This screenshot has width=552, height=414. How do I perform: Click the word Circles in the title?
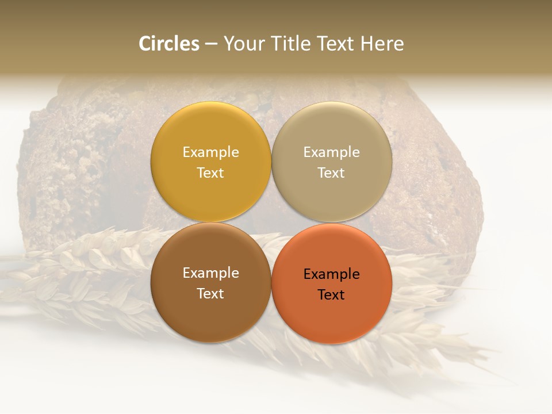(168, 44)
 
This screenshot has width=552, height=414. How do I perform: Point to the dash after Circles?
(211, 44)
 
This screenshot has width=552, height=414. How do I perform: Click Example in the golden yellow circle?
(210, 152)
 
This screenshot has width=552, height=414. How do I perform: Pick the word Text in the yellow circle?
(210, 173)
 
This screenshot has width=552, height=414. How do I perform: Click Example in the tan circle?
(332, 152)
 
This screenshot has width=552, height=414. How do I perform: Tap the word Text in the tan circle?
(332, 173)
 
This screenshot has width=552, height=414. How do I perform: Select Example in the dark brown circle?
(210, 273)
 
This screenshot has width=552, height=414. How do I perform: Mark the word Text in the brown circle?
(210, 294)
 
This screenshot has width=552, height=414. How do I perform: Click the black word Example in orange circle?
(332, 274)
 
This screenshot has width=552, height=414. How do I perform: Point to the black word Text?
(332, 295)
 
